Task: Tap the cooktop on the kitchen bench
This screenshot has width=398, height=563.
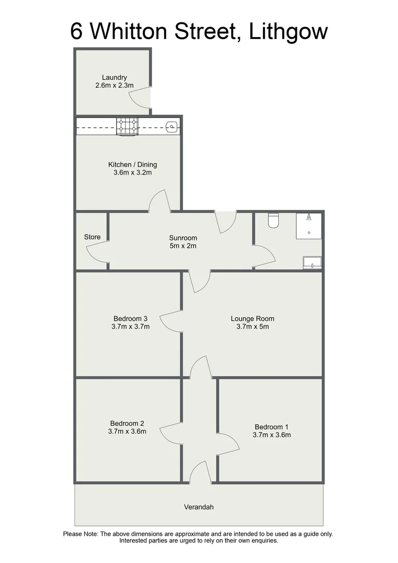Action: click(127, 126)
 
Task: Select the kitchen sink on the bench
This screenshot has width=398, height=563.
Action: click(171, 126)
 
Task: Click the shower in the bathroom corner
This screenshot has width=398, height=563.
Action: click(309, 226)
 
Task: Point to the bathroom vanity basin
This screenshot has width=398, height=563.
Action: click(312, 262)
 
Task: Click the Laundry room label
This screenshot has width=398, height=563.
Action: click(115, 78)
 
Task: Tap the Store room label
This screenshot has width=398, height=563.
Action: click(92, 237)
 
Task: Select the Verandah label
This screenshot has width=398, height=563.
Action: click(199, 507)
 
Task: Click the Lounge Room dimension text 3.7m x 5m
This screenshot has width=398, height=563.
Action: click(253, 327)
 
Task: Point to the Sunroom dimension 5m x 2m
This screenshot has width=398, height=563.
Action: click(182, 246)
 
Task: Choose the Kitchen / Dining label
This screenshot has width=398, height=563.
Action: click(132, 165)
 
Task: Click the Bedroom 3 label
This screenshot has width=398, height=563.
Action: click(131, 319)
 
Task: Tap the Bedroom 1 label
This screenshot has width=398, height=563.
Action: click(272, 426)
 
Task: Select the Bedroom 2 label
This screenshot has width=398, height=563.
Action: click(127, 423)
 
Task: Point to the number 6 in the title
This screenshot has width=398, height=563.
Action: click(77, 32)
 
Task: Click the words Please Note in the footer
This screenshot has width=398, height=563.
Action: click(80, 534)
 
